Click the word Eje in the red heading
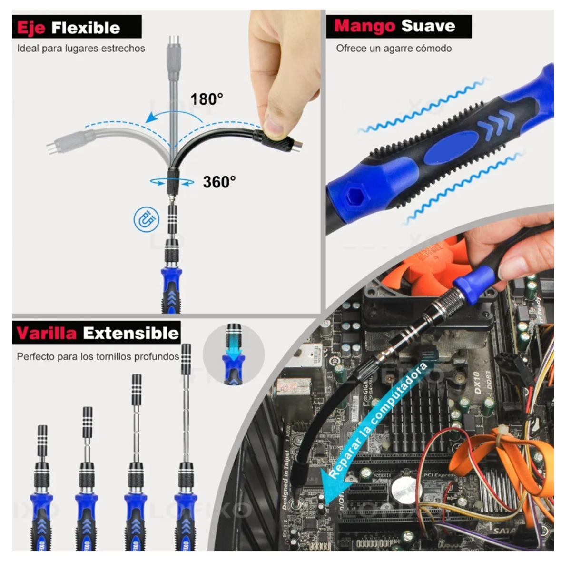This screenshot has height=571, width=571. [31, 28]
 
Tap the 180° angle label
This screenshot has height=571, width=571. [207, 99]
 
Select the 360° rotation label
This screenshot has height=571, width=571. [219, 182]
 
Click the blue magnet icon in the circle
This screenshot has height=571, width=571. [146, 220]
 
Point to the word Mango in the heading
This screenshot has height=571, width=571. [364, 26]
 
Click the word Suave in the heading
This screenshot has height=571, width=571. [428, 26]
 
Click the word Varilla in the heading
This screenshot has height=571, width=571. [46, 333]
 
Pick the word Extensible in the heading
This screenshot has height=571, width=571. [131, 333]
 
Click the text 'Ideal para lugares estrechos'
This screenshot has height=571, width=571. [81, 48]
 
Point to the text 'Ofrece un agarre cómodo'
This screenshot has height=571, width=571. [394, 48]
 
